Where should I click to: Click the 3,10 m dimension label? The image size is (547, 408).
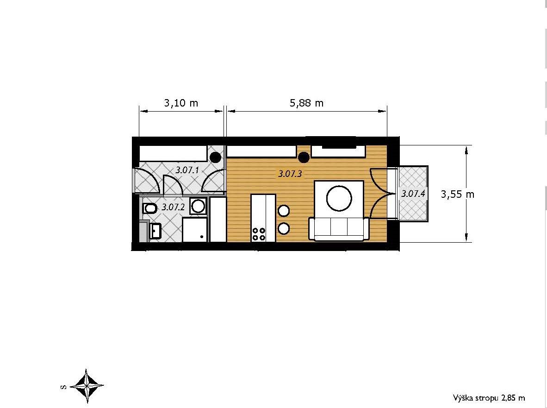[181, 103]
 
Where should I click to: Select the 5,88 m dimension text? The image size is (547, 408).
[307, 103]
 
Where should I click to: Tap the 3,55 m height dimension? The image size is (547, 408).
[457, 194]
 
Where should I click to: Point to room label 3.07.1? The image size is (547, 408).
[187, 170]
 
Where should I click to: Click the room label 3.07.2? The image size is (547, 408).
[173, 207]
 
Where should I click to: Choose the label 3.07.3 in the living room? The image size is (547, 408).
[290, 174]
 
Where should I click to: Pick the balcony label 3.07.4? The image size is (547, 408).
[413, 194]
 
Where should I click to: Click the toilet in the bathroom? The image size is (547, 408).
[149, 209]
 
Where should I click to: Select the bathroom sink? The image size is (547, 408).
[155, 230]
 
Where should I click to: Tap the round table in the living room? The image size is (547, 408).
[339, 198]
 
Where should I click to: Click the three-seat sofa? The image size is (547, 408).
[339, 229]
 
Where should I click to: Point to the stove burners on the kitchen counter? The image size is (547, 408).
[259, 234]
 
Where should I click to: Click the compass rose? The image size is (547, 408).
[87, 386]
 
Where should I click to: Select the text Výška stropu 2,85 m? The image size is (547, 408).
[489, 397]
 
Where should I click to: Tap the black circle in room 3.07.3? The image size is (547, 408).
[304, 157]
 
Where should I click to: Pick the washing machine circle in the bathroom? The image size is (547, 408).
[198, 206]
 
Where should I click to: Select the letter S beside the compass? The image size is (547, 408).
[63, 387]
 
